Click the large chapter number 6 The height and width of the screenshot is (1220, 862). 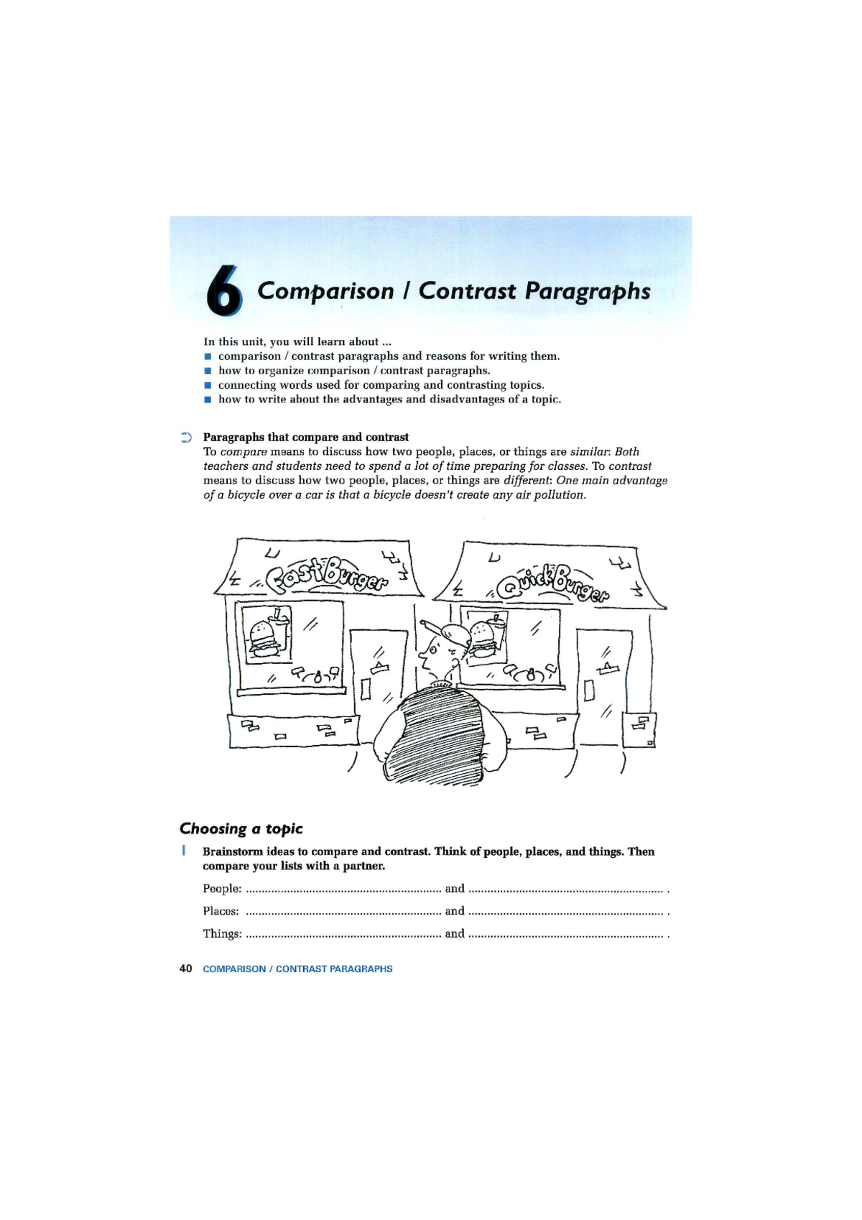click(224, 291)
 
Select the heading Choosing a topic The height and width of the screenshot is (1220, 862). click(241, 828)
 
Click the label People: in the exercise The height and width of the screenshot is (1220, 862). click(221, 889)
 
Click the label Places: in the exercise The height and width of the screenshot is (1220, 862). click(221, 911)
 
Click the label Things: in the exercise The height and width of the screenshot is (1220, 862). click(221, 934)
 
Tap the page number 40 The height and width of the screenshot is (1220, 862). click(185, 969)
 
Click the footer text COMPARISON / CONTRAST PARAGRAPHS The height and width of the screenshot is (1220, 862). click(297, 969)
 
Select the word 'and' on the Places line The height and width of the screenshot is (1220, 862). click(455, 911)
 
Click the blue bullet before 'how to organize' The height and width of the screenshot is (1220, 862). click(208, 371)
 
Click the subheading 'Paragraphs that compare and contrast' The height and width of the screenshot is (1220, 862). click(305, 437)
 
